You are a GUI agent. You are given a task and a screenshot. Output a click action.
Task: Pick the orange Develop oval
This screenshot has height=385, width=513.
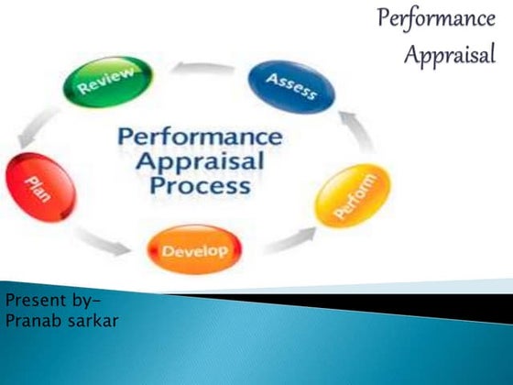194,249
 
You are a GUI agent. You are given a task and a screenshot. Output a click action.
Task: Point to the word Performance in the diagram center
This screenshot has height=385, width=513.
200,137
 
